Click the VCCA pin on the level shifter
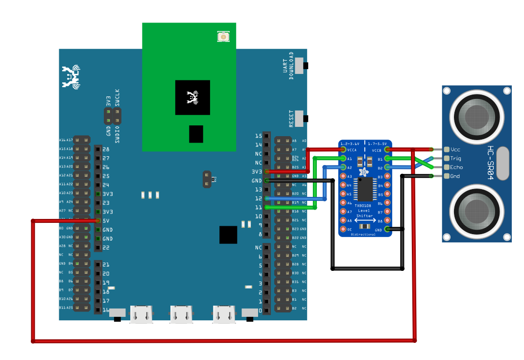343,149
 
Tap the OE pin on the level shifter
343,229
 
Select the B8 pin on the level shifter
387,220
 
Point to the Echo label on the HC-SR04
456,168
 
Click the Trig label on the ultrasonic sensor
455,158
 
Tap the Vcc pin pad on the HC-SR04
446,149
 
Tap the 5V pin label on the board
106,221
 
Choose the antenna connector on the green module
223,37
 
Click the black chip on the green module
192,97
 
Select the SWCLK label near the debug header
117,97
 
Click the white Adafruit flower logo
364,172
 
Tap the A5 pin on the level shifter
343,194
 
